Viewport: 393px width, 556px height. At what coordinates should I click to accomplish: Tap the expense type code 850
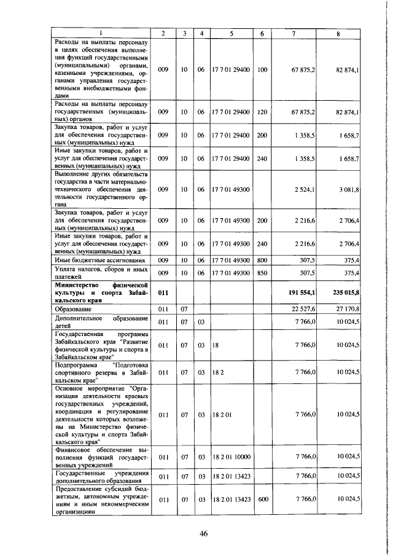(263, 273)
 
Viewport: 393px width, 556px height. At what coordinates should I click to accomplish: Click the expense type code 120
(263, 112)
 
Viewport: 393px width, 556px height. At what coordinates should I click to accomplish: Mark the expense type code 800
(263, 260)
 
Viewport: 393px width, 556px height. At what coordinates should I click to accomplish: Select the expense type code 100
(263, 70)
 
